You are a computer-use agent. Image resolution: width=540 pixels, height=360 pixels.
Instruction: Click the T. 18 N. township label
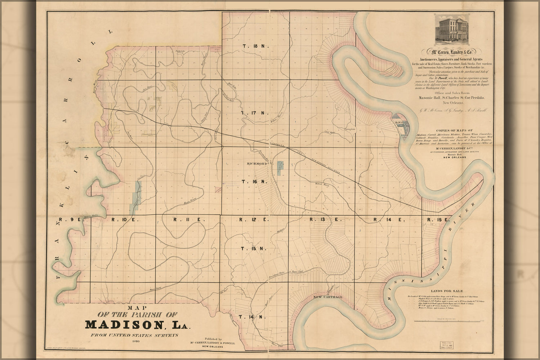pyautogui.click(x=256, y=46)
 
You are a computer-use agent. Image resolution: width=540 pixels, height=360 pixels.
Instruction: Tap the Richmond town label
pyautogui.click(x=258, y=164)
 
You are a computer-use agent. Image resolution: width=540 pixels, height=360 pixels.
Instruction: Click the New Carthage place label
pyautogui.click(x=327, y=297)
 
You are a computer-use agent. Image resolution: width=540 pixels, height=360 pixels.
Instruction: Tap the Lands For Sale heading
pyautogui.click(x=447, y=291)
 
